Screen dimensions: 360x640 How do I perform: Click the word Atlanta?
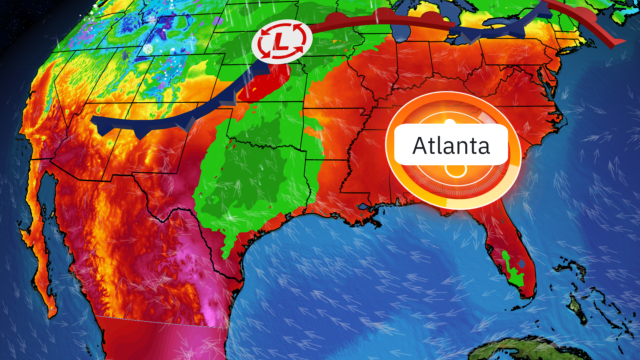click(451, 146)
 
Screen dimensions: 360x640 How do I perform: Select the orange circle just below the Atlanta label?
click(456, 171)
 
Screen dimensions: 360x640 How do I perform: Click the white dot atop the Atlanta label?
click(450, 122)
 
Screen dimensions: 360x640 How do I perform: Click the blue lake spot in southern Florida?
click(522, 264)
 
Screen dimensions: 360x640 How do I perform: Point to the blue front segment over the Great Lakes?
click(487, 30)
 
